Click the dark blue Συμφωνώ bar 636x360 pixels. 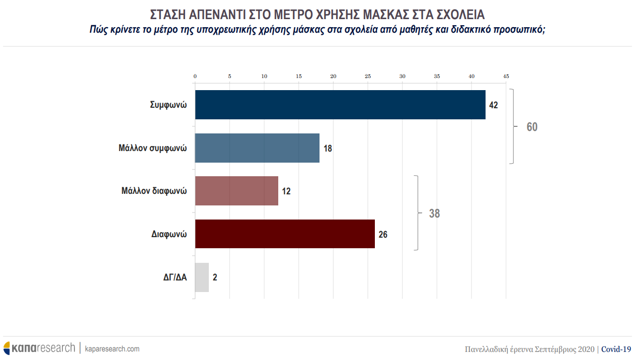(340, 105)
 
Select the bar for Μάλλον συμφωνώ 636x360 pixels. (257, 148)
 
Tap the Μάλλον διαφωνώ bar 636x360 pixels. (236, 191)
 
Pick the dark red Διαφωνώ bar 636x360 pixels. (285, 234)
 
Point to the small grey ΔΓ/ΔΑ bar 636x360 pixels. (202, 277)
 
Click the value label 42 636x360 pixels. (493, 105)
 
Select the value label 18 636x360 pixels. (328, 149)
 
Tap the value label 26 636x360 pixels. (383, 234)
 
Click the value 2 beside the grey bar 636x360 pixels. (215, 277)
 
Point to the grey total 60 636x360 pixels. (532, 127)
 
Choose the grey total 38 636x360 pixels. (434, 213)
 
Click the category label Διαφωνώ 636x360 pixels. (169, 234)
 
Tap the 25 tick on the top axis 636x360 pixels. (368, 76)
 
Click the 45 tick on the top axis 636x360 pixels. (506, 76)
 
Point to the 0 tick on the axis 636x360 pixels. (195, 76)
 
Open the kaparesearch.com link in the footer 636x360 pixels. (112, 349)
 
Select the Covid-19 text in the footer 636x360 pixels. (616, 349)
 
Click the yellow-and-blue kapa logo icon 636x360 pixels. (7, 348)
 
